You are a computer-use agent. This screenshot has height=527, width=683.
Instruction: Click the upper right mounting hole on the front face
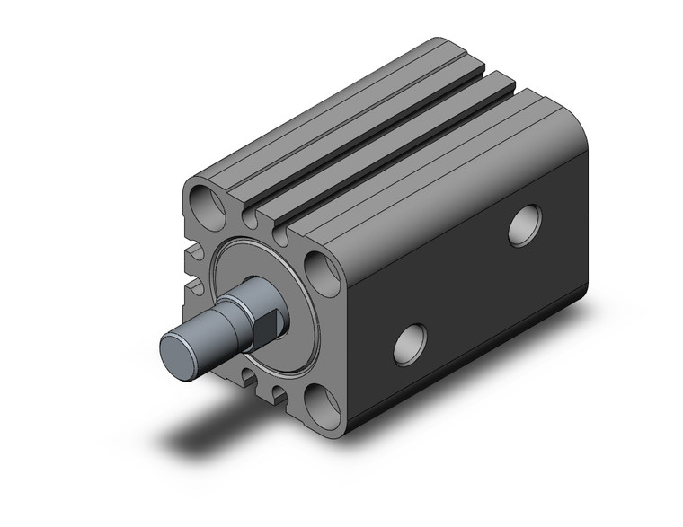coord(319,268)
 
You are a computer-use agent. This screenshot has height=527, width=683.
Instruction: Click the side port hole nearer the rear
coord(525,225)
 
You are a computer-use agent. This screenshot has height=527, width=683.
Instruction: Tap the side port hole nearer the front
coord(411,344)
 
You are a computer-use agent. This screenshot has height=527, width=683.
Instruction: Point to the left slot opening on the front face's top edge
coord(250,217)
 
